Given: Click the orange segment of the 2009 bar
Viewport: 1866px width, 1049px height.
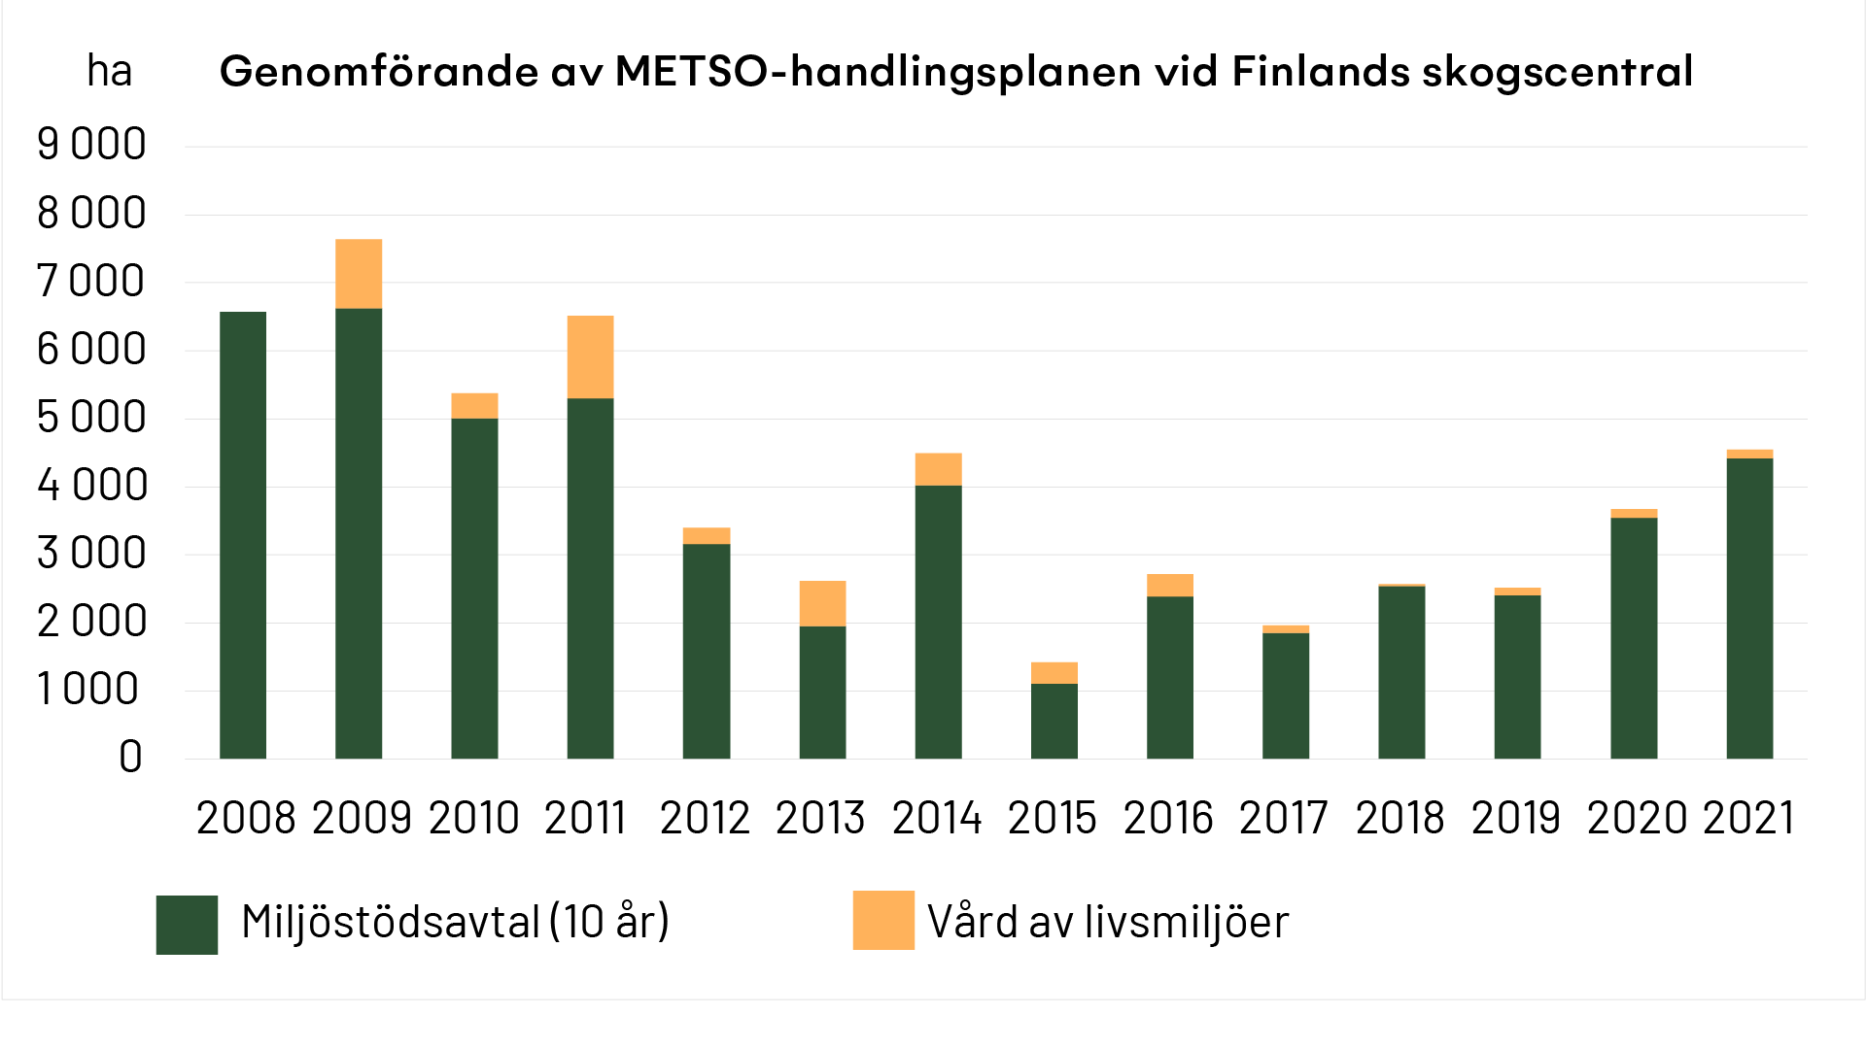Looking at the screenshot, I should pos(359,274).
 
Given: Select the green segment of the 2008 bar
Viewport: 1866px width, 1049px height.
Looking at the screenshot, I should pos(243,534).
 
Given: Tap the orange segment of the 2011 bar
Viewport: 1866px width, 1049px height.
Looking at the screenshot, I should pos(590,356).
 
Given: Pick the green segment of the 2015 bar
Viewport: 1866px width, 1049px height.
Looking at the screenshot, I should pos(1054,721).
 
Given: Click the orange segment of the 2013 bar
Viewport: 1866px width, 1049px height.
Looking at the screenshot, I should pos(822,603).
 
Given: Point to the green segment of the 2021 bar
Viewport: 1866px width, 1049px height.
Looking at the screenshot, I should pos(1749,608).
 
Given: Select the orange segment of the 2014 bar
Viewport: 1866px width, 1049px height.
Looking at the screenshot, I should pos(938,469).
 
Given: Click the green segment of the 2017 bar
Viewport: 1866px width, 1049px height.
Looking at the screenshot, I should pos(1286,695).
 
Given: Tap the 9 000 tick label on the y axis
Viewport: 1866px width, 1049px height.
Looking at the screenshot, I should pos(91,145).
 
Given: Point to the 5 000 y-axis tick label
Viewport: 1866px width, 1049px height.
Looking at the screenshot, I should pos(91,418).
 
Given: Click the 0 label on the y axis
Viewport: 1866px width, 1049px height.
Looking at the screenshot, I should pos(130,757).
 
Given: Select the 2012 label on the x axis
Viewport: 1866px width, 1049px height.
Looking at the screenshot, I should pos(705,818).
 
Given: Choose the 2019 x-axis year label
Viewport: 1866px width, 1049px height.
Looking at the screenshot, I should pos(1515,818).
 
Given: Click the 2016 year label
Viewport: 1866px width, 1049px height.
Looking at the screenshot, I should pos(1168,818).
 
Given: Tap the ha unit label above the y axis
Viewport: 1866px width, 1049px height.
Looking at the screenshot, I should pos(109,71).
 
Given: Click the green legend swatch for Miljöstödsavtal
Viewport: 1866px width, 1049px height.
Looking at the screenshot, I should pos(187,925).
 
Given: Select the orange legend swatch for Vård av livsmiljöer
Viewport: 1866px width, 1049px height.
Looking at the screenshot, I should pos(883,920).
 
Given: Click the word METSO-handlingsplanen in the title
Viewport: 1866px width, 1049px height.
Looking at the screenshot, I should pos(878,71).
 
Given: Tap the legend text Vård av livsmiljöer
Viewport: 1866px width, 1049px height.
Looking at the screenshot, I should pos(1108,922).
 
